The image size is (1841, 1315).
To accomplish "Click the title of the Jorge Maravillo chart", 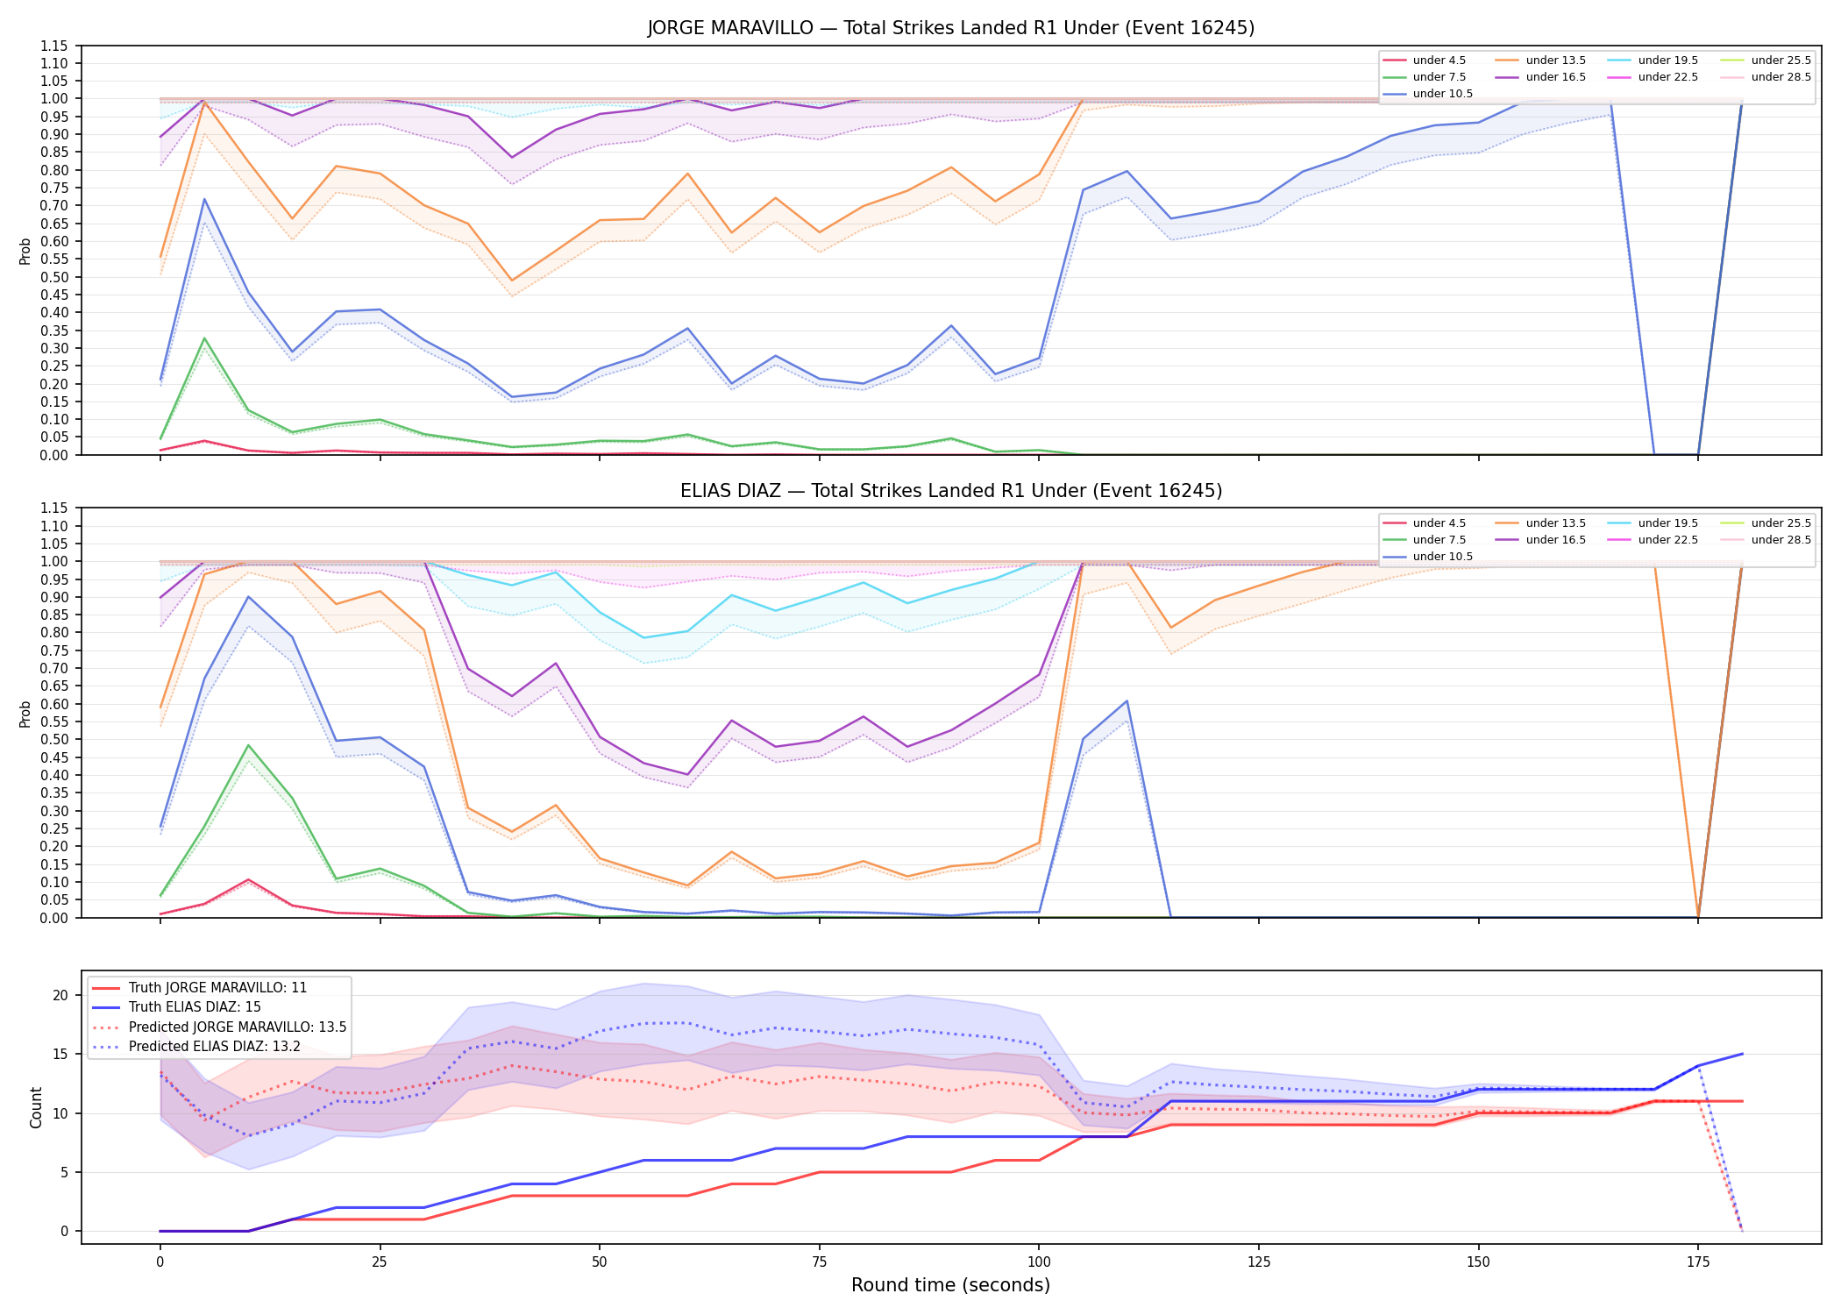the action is point(951,28).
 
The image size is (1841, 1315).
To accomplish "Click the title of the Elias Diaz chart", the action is point(951,491).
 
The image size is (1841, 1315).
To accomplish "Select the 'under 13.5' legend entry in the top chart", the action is point(1540,60).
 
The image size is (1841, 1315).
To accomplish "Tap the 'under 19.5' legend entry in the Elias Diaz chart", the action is point(1653,523).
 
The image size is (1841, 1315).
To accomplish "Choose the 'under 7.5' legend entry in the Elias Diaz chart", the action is point(1424,540).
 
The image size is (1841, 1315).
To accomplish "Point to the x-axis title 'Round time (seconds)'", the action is point(950,1285).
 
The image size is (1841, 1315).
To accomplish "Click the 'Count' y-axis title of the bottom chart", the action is point(36,1107).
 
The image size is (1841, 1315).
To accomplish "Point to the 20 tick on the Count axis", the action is point(60,995).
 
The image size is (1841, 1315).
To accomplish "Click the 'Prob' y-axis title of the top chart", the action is point(25,251).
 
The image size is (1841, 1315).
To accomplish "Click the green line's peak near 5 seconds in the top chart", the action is point(204,338).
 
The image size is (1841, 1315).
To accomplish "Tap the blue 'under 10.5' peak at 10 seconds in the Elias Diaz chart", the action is point(248,597).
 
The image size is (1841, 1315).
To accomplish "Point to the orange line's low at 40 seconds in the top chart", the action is point(512,281).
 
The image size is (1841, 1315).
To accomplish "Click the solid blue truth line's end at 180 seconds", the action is point(1742,1054).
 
